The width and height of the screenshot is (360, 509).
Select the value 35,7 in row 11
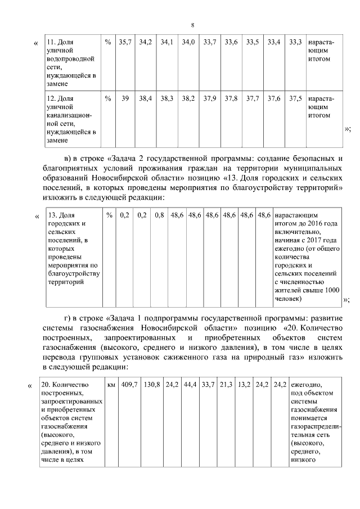(x=124, y=42)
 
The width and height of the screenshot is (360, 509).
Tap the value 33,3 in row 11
(x=295, y=42)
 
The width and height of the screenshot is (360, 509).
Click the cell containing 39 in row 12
(x=124, y=98)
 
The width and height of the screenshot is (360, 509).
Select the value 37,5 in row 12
(x=295, y=98)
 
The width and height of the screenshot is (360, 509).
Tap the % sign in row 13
(x=109, y=215)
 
